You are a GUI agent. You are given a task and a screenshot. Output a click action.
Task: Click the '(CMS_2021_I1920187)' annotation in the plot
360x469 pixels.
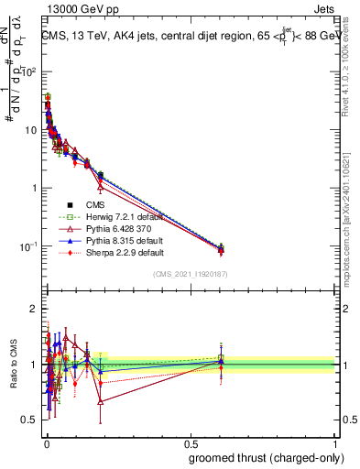(191, 275)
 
